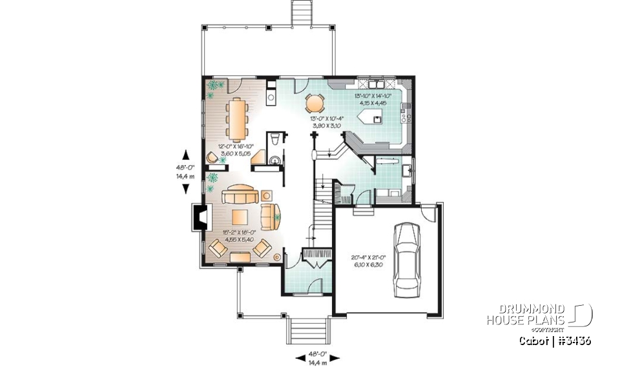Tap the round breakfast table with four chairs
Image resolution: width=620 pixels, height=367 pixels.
point(315,103)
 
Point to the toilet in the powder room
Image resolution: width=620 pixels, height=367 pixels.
point(276,139)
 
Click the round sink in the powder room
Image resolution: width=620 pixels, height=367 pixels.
point(276,161)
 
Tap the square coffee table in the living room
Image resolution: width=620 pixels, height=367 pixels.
point(240,216)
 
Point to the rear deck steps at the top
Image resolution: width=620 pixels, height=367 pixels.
point(300,13)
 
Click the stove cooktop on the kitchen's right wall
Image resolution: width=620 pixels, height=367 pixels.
point(406,117)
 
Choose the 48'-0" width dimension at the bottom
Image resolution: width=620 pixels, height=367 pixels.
point(316,354)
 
